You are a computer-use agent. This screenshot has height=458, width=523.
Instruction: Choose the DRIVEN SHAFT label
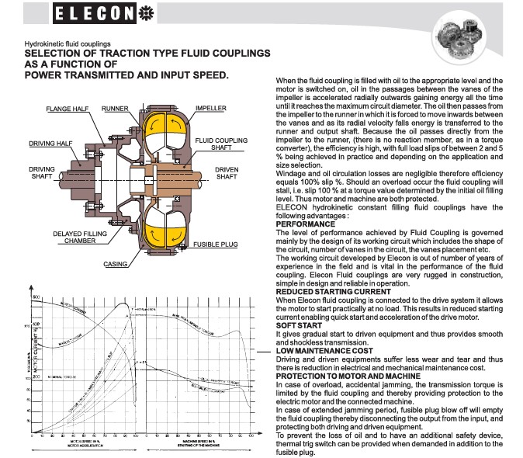pos(226,172)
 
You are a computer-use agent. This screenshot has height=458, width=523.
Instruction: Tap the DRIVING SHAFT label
pos(41,172)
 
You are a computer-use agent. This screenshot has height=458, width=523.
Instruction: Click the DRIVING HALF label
pos(47,144)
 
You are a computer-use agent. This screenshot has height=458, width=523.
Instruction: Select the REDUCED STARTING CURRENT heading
pos(322,291)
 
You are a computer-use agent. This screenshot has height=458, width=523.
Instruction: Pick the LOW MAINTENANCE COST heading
pos(324,351)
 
